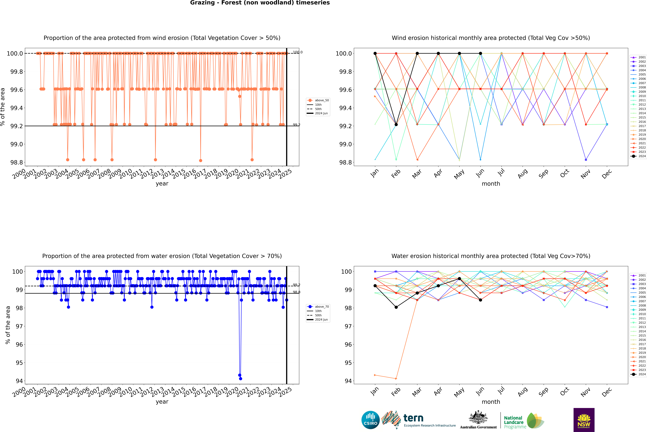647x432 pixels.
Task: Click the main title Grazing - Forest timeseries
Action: (x=260, y=3)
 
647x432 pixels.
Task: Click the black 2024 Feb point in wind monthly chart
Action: (x=396, y=125)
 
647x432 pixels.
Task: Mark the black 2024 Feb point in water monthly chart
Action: (x=396, y=307)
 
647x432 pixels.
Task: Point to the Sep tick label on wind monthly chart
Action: (x=543, y=174)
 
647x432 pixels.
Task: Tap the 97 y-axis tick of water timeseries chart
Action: (x=19, y=326)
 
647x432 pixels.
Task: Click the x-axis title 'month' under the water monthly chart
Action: (x=491, y=402)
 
